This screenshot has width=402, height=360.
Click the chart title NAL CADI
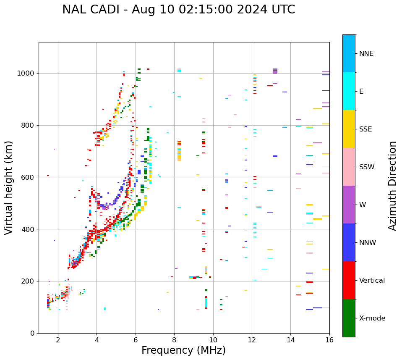click(178, 10)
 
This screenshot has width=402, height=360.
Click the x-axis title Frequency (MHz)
click(183, 350)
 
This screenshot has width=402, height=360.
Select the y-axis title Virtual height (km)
click(9, 187)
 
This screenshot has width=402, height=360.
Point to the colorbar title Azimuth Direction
click(392, 186)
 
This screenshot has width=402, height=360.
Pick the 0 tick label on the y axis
click(32, 333)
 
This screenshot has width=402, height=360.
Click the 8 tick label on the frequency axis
click(174, 340)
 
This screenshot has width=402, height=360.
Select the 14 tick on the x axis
click(290, 340)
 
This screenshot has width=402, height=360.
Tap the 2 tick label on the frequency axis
click(58, 340)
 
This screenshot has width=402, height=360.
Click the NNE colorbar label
click(366, 54)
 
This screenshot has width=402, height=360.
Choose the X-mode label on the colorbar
click(372, 318)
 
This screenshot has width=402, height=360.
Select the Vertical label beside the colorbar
click(372, 281)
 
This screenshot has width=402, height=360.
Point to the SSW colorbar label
click(367, 167)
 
